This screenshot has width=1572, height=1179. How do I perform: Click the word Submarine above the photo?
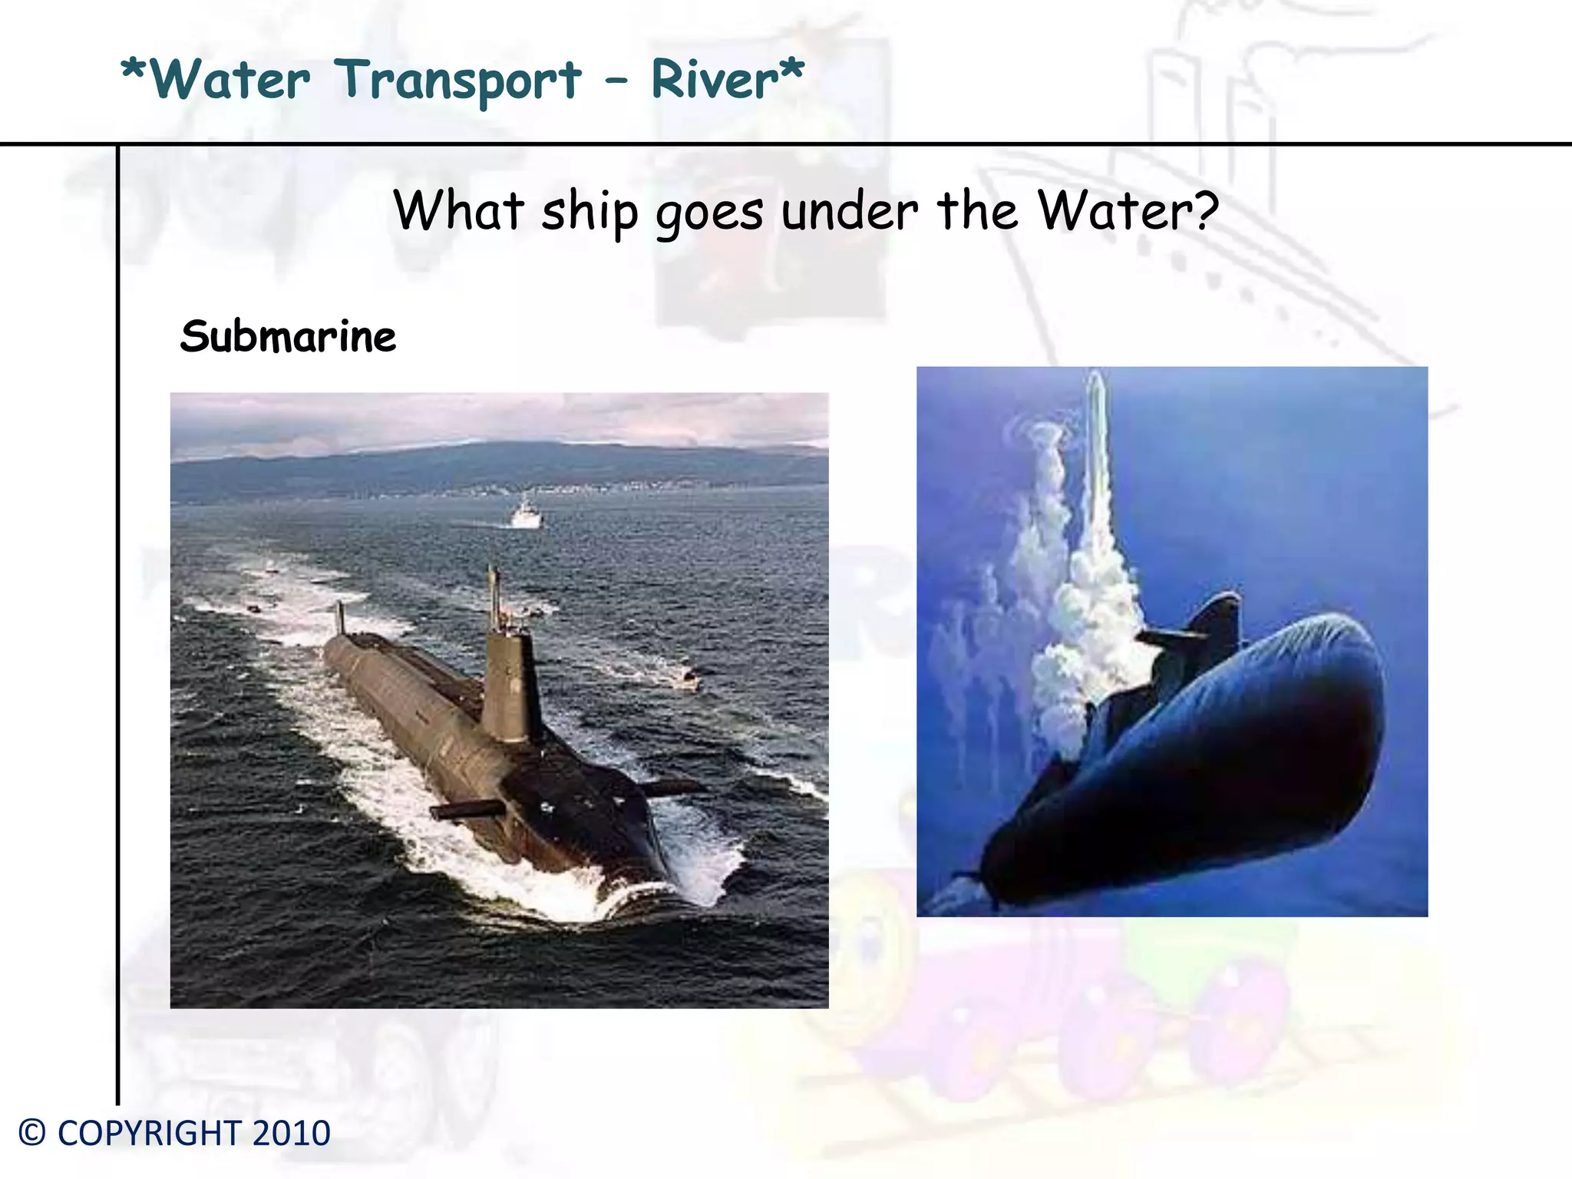(288, 337)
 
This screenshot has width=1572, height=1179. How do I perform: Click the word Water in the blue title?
(231, 80)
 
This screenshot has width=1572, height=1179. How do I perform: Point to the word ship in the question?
(589, 212)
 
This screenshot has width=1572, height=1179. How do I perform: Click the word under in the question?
(850, 211)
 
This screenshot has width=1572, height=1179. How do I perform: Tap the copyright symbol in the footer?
(32, 1134)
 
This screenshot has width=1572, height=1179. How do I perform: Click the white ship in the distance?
(527, 514)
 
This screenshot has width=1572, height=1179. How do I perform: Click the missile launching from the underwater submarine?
(1098, 430)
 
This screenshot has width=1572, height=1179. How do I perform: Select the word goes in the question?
(709, 213)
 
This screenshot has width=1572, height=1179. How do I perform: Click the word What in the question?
(459, 210)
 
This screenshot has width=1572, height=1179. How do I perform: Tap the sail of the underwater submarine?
(1217, 622)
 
